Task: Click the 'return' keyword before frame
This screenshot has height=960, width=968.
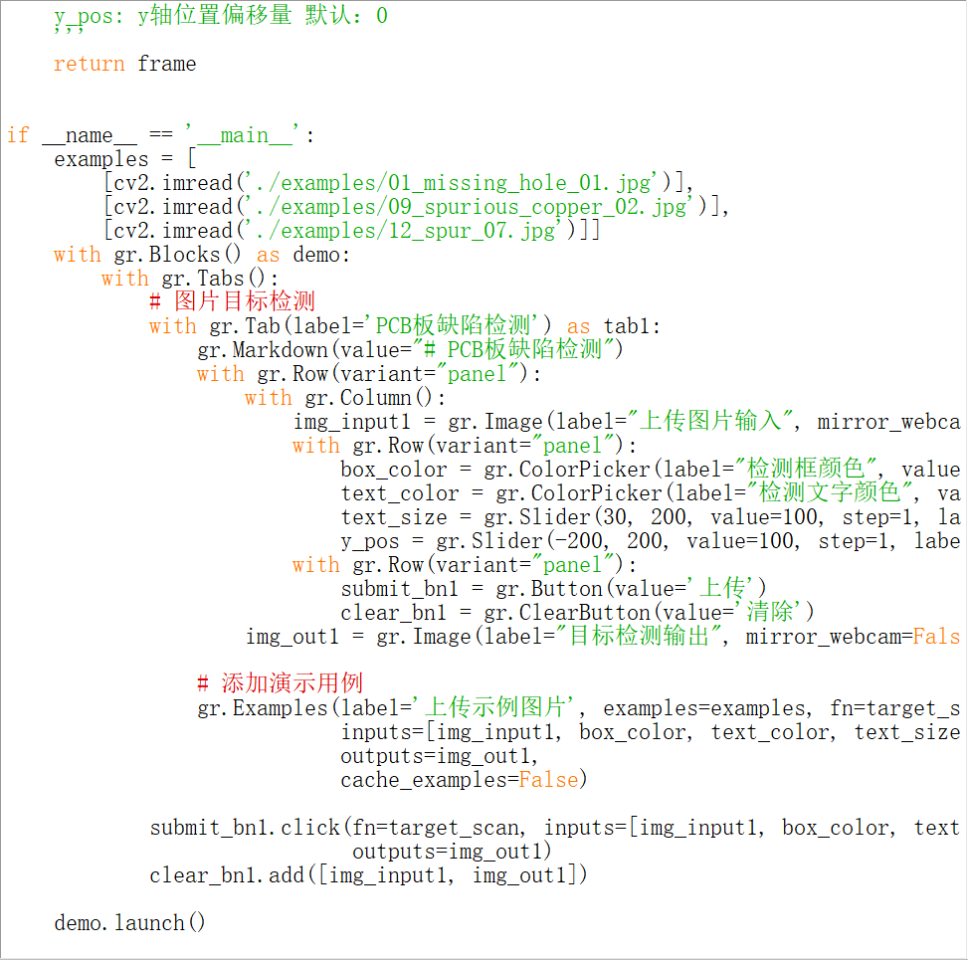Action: coord(89,64)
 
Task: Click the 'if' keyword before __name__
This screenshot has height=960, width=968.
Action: coord(18,134)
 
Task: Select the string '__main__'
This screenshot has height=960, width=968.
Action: coord(244,134)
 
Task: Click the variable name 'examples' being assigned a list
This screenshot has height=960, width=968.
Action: coord(101,159)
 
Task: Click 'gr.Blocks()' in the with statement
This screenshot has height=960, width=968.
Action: coord(177,255)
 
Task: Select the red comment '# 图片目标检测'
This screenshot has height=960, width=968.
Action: coord(232,301)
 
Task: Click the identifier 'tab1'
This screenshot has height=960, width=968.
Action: coord(631,326)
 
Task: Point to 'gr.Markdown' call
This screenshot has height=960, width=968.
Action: coord(263,350)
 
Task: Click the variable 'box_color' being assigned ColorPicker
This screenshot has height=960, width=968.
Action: coord(393,470)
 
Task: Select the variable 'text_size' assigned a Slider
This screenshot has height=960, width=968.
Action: coord(393,517)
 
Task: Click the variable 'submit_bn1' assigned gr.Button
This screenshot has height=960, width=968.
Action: coord(399,589)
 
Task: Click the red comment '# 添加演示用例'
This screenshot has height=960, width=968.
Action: coord(280,683)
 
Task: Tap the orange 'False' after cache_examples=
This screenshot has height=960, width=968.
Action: coord(548,780)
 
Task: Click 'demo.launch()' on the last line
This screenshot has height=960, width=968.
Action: coord(129,923)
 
